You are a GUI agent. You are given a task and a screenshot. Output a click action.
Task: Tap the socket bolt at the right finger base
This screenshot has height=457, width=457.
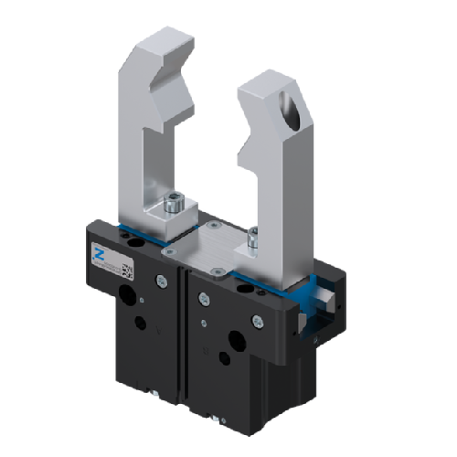251,243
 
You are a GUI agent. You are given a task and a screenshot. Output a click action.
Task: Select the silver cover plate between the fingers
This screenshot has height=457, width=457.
211,243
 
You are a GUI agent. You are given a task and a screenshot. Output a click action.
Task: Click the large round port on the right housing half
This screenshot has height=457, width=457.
235,339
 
